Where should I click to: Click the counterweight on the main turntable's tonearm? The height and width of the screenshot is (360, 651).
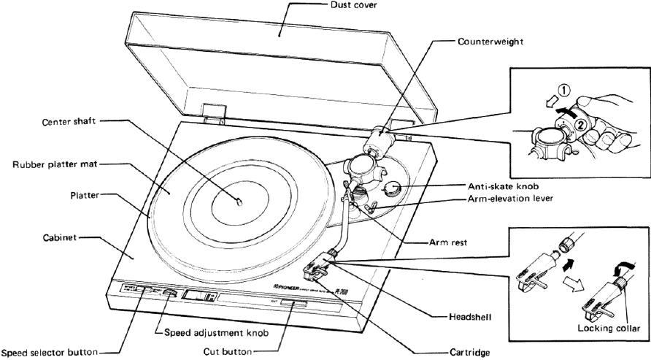pos(380,137)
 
